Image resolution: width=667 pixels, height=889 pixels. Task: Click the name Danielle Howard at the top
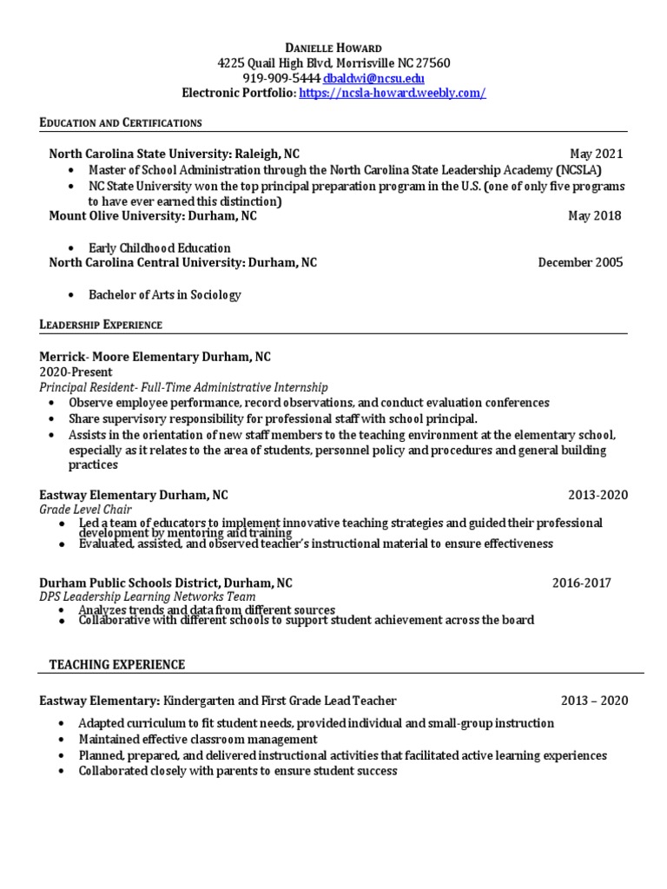click(x=333, y=47)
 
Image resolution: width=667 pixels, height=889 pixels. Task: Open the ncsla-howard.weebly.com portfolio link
click(x=393, y=94)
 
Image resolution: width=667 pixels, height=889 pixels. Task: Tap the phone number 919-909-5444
click(x=282, y=78)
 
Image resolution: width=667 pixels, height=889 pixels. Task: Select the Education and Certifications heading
click(x=121, y=122)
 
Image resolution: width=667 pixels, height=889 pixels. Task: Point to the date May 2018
click(x=595, y=216)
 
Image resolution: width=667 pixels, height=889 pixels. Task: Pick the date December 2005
click(x=580, y=263)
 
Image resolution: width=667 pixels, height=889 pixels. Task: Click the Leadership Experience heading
click(x=101, y=325)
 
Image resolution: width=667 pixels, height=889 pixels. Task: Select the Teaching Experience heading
click(x=117, y=665)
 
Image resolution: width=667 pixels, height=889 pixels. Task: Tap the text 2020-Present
click(x=76, y=372)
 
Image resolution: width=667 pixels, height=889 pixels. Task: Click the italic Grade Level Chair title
click(x=86, y=510)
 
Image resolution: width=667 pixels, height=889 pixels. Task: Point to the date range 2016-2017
click(x=581, y=583)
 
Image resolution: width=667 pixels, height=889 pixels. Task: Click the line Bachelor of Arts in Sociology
click(x=165, y=295)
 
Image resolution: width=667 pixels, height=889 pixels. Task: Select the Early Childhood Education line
click(x=160, y=248)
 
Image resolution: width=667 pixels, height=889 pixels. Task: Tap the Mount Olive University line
click(x=153, y=216)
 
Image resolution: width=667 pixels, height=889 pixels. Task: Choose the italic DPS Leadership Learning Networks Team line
click(x=148, y=597)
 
